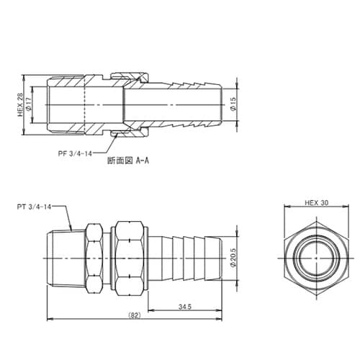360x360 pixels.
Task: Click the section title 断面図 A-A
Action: (x=127, y=161)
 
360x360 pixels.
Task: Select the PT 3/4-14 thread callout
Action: (x=37, y=206)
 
